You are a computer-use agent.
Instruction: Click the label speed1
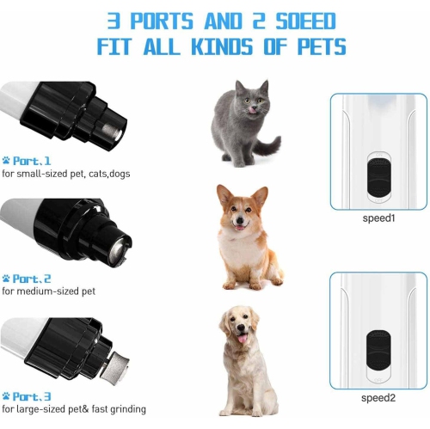(378, 218)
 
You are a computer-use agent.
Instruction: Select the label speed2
(378, 397)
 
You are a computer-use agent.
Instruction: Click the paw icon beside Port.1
(6, 160)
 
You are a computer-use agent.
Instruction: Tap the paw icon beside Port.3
(6, 395)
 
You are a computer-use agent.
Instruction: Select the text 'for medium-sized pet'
(48, 291)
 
